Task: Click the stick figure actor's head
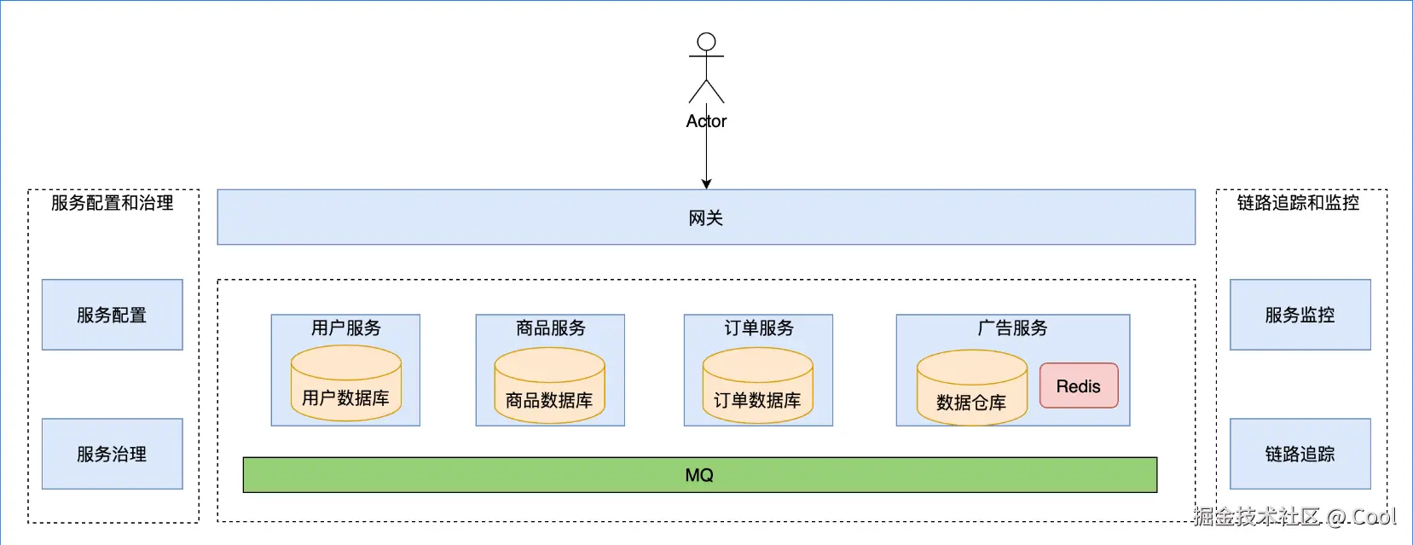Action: click(x=706, y=42)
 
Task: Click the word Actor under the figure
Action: click(x=706, y=121)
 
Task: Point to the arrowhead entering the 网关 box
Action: click(x=706, y=183)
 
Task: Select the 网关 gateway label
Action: click(x=706, y=218)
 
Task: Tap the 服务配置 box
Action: click(x=112, y=315)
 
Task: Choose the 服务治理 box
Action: click(x=112, y=454)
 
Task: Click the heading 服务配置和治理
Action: click(x=112, y=203)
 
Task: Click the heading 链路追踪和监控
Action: click(x=1298, y=203)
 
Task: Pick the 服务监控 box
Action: click(x=1300, y=315)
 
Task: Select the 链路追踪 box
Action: click(x=1300, y=454)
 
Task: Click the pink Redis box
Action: click(x=1079, y=386)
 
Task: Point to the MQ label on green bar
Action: click(x=699, y=475)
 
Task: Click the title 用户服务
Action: click(x=345, y=328)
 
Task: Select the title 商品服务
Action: click(x=550, y=328)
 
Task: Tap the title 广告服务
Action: click(x=1012, y=328)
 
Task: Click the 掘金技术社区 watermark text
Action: click(x=1256, y=516)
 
